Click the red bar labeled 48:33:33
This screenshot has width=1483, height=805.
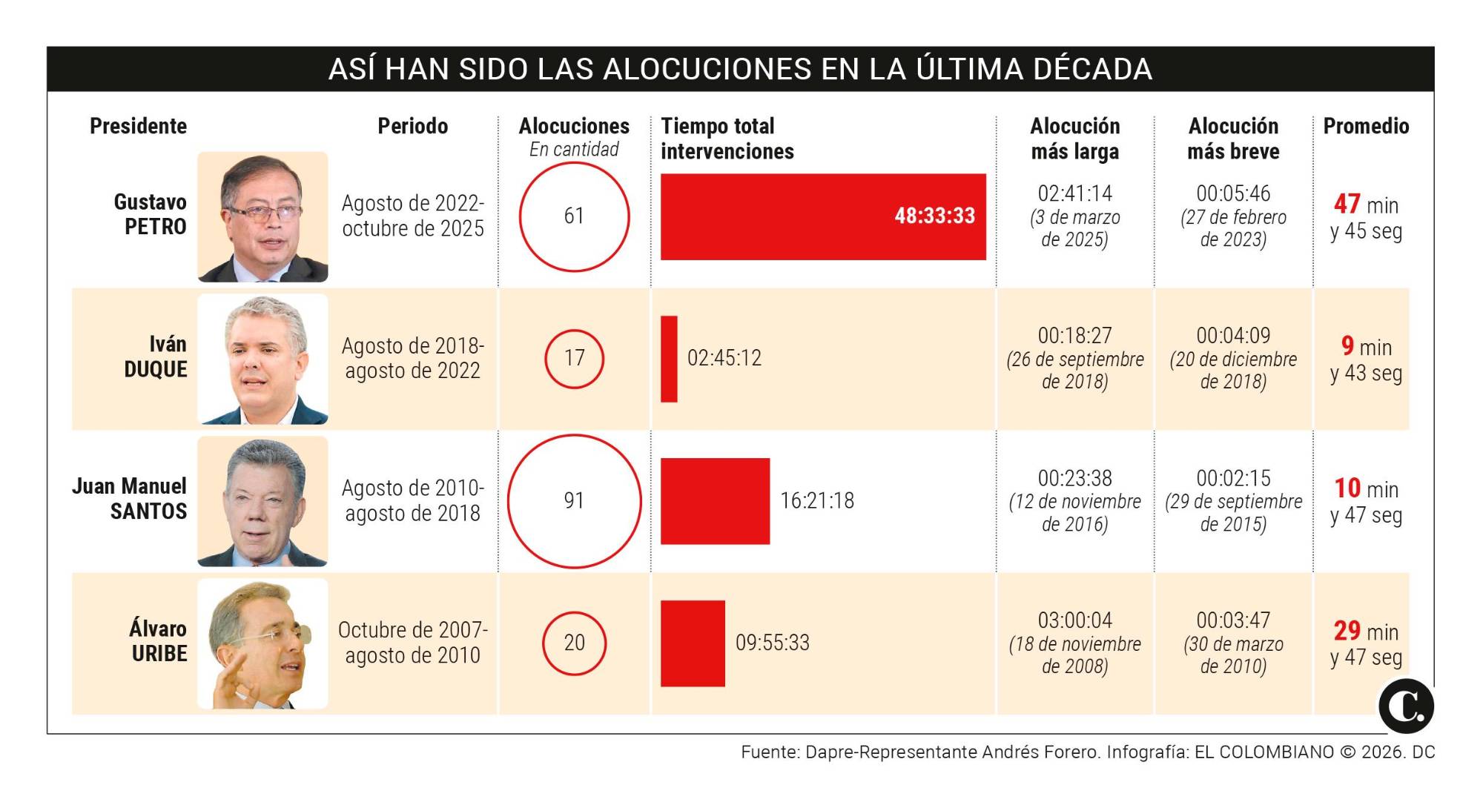pyautogui.click(x=822, y=216)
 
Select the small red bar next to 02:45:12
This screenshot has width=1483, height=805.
pyautogui.click(x=669, y=359)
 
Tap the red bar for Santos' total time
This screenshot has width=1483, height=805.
pyautogui.click(x=715, y=501)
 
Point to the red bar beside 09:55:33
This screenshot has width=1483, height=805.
pyautogui.click(x=693, y=643)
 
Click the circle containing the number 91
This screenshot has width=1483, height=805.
pyautogui.click(x=574, y=501)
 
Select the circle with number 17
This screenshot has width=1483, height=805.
pyautogui.click(x=574, y=359)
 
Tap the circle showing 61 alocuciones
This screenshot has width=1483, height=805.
pyautogui.click(x=574, y=216)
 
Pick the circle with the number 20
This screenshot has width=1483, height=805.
pyautogui.click(x=574, y=643)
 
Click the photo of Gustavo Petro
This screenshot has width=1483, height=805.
pyautogui.click(x=262, y=216)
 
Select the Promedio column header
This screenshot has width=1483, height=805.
pyautogui.click(x=1366, y=126)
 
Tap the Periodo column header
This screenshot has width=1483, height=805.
pyautogui.click(x=412, y=126)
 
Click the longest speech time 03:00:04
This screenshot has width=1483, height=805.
pyautogui.click(x=1074, y=620)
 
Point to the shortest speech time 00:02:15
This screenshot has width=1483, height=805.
pyautogui.click(x=1233, y=478)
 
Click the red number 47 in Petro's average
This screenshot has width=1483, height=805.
pyautogui.click(x=1347, y=204)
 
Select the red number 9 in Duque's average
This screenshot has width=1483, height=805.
pyautogui.click(x=1347, y=346)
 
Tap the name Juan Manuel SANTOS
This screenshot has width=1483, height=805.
pyautogui.click(x=130, y=499)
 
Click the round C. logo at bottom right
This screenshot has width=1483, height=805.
pyautogui.click(x=1406, y=706)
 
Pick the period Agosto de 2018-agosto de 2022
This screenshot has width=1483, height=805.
pyautogui.click(x=412, y=359)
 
